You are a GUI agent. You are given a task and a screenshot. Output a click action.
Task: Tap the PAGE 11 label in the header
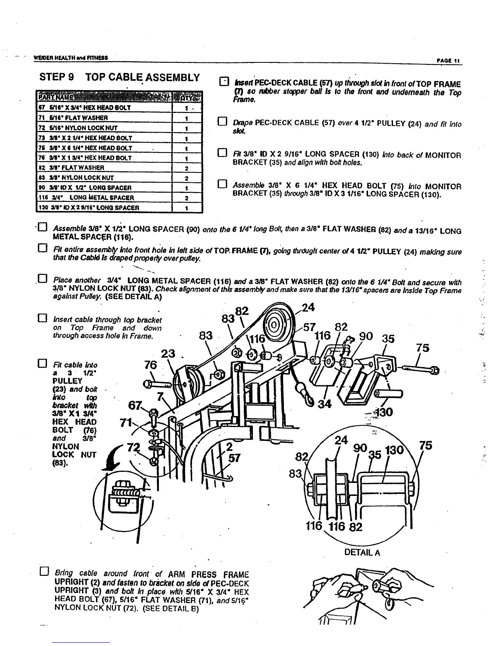[x=448, y=61]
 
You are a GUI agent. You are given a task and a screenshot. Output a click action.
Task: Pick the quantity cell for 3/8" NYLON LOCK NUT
[x=186, y=178]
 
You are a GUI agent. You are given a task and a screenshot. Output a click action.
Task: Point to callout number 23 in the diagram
[x=167, y=354]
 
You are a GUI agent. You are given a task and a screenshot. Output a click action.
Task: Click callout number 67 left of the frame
[x=135, y=405]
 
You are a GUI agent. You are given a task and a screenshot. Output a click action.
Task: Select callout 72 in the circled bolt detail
[x=132, y=448]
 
